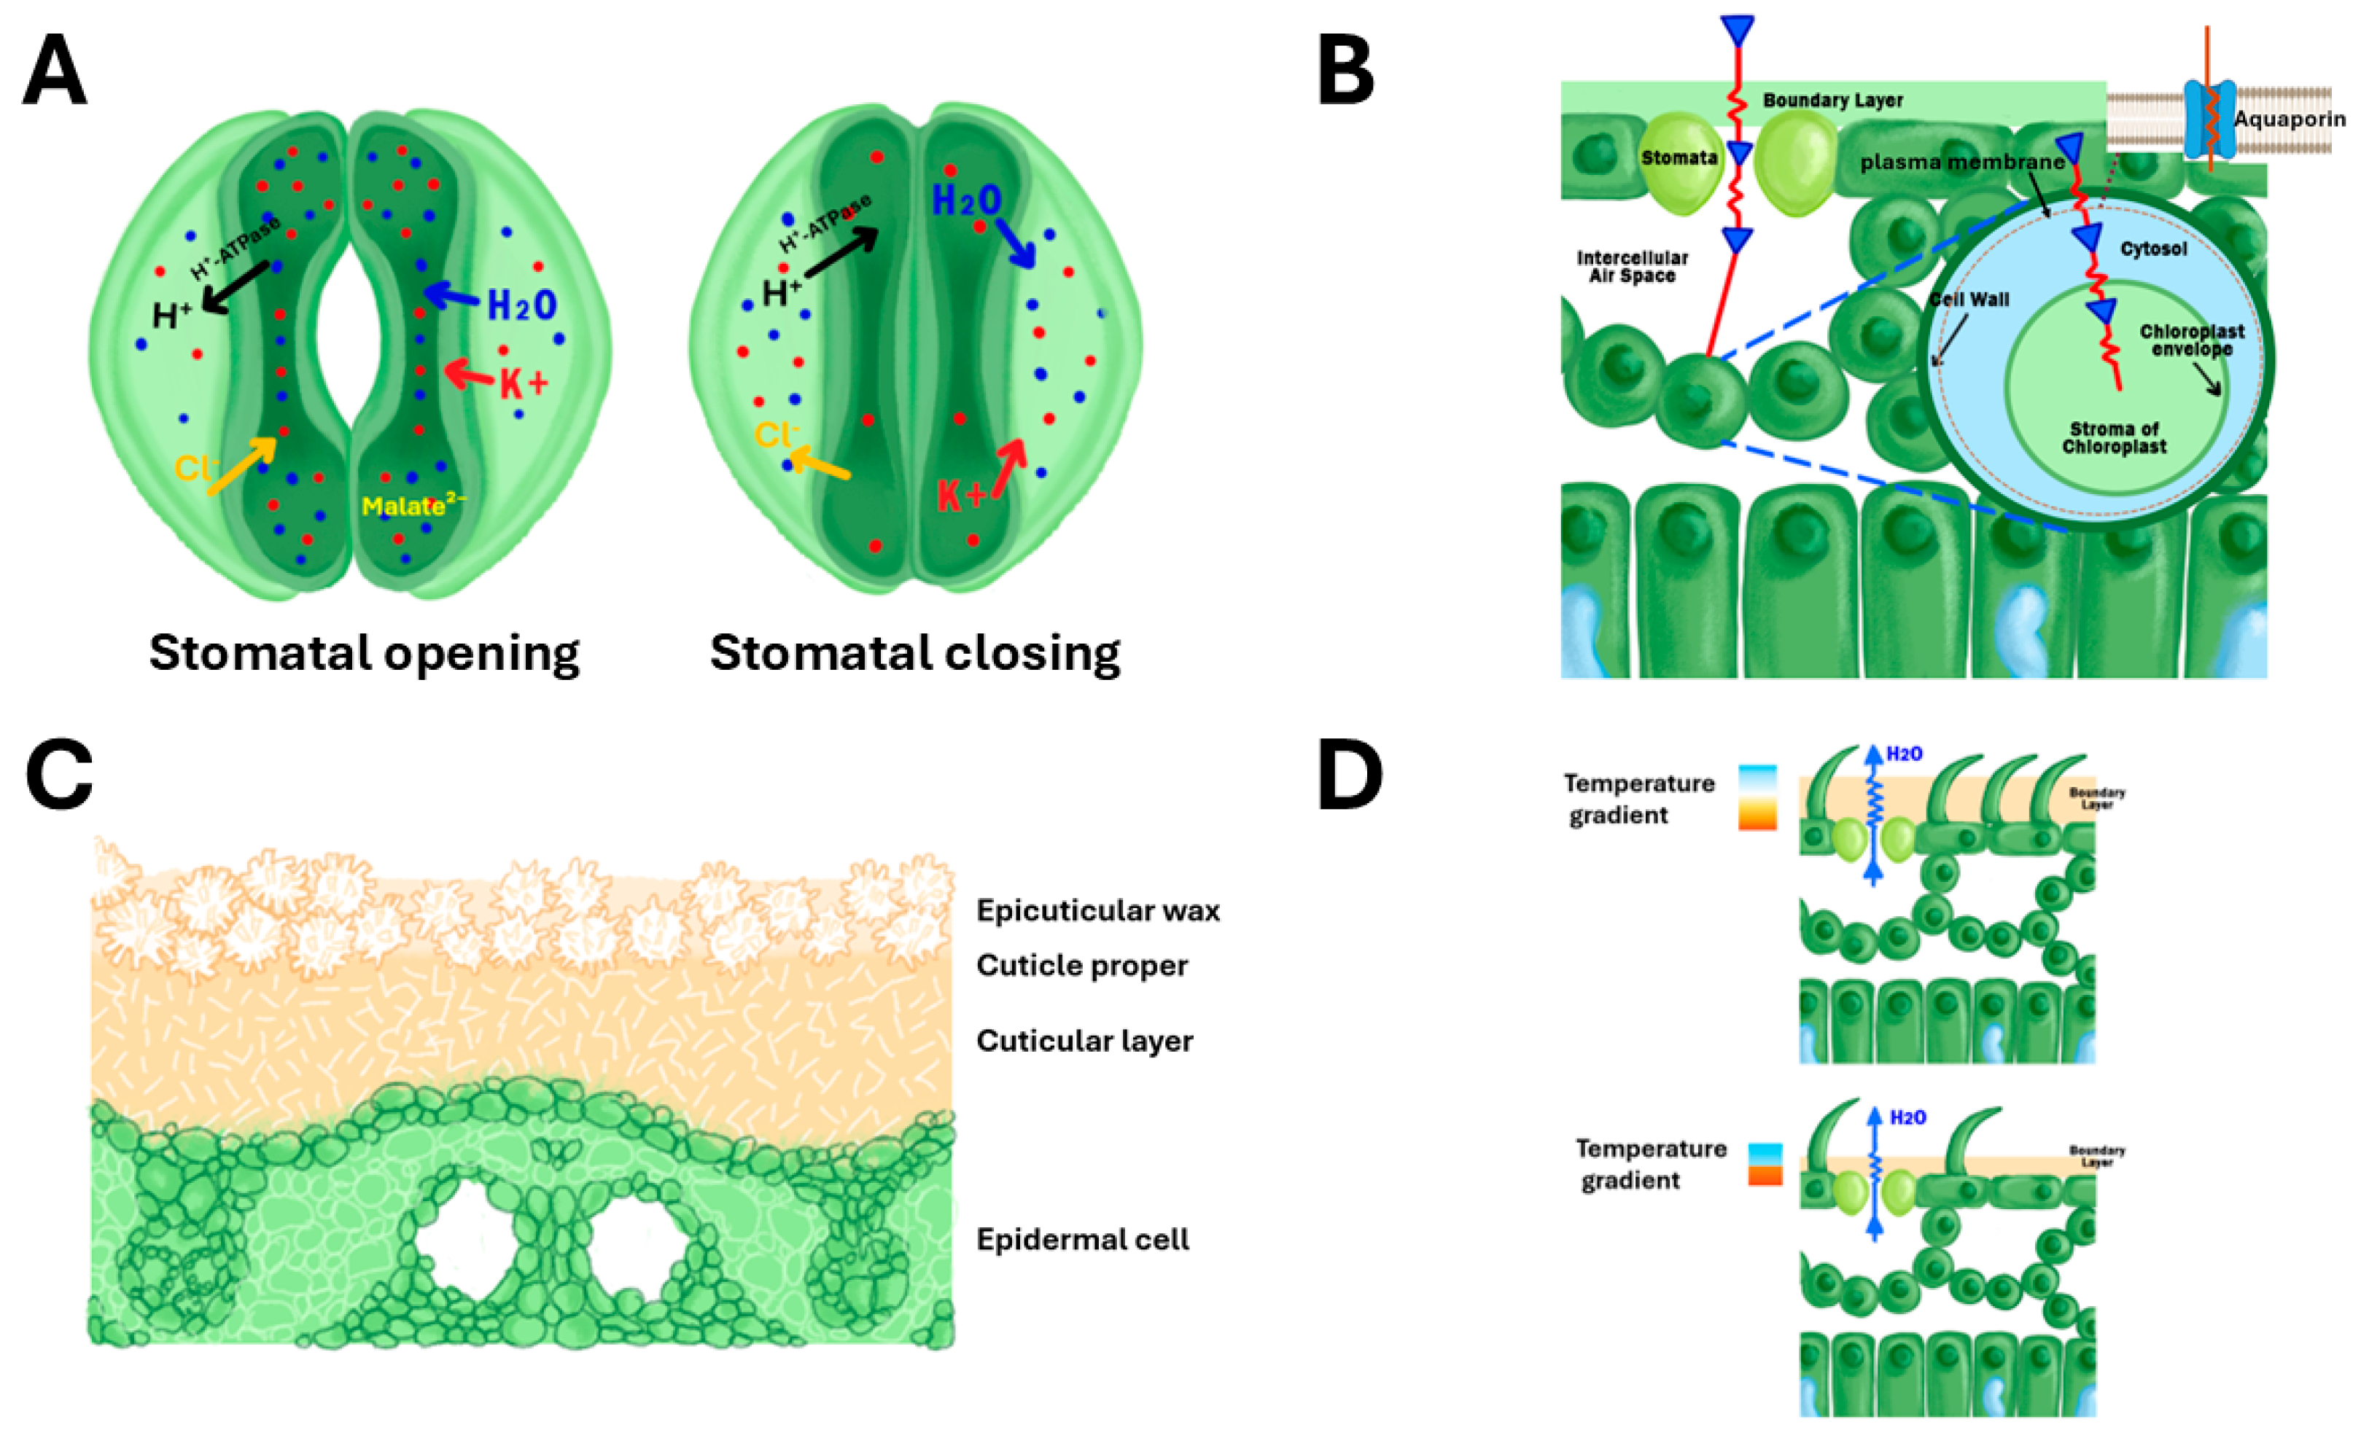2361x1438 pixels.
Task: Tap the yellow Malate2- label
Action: click(412, 505)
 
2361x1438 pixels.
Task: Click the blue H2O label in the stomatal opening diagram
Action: click(522, 305)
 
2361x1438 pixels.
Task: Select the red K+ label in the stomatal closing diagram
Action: click(960, 496)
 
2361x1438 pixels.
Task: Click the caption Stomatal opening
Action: click(364, 653)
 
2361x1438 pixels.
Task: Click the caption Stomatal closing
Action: click(915, 653)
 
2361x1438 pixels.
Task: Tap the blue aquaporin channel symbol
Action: click(2209, 120)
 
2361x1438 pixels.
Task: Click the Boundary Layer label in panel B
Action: click(1832, 100)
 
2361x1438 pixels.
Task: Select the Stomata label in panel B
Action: click(1679, 157)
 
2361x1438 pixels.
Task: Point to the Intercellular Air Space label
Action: click(1632, 266)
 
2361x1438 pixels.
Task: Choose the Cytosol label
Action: click(2153, 249)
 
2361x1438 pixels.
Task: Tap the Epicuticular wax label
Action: click(1098, 910)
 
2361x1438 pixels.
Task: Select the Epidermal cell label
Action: click(1083, 1240)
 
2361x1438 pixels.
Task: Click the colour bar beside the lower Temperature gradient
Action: click(1765, 1164)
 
